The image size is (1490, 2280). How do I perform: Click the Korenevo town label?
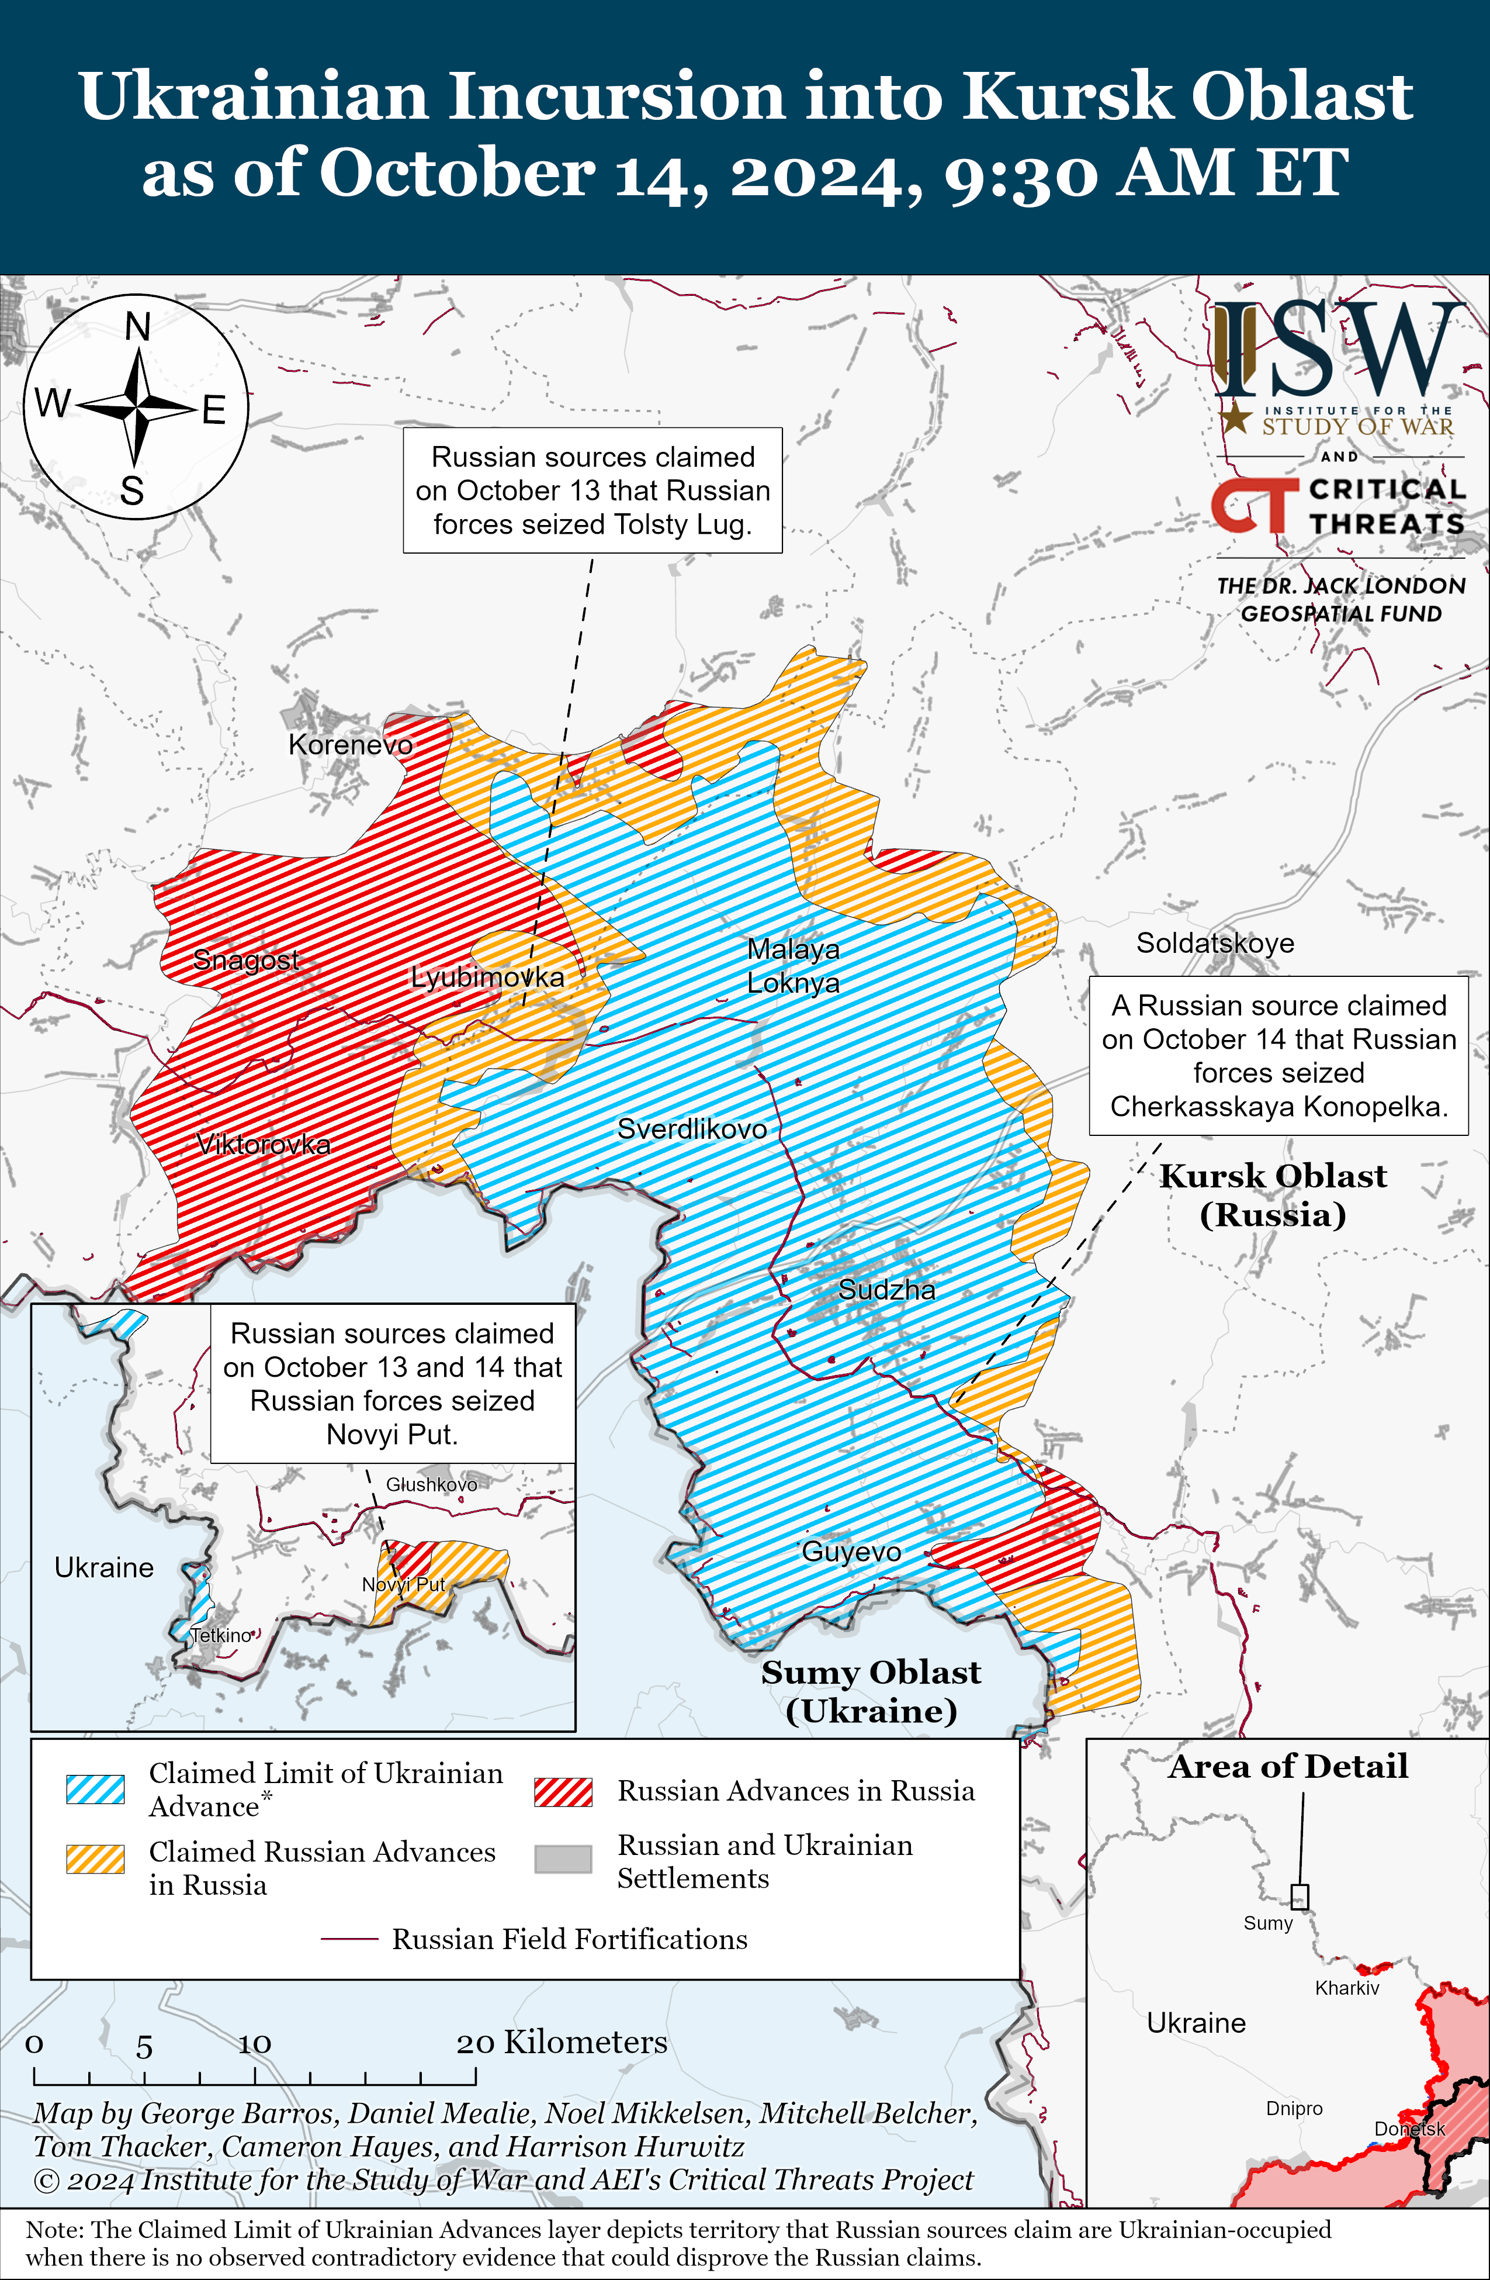click(351, 744)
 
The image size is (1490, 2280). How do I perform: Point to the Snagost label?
click(246, 959)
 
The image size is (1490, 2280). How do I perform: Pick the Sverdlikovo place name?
click(691, 1128)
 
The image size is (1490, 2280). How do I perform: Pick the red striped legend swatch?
click(563, 1791)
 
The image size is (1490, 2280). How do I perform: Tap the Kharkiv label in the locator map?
click(1346, 1988)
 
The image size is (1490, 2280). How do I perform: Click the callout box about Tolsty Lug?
click(592, 490)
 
